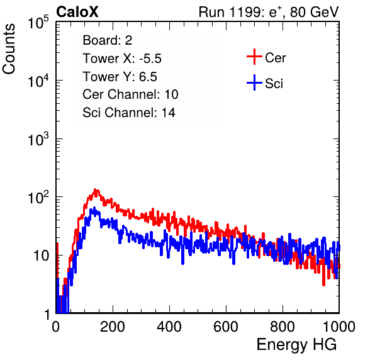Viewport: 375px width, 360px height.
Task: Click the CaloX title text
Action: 77,12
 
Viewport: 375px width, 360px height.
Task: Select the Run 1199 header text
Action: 269,12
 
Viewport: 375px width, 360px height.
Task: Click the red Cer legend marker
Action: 254,57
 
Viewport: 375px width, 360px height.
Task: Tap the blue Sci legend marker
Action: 254,82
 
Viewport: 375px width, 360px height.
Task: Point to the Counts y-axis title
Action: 9,49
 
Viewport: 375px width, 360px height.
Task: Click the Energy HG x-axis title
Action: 297,345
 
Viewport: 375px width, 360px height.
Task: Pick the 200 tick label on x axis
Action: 113,327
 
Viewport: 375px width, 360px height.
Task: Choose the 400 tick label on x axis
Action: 169,327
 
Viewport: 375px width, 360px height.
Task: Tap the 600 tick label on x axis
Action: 226,327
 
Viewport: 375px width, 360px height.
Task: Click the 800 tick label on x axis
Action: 283,327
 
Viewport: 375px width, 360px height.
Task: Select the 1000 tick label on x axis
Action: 339,327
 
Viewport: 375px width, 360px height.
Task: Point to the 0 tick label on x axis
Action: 56,327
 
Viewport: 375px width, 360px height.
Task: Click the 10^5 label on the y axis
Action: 38,22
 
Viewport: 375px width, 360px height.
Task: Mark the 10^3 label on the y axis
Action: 38,138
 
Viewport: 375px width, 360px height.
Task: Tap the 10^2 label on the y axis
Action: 38,197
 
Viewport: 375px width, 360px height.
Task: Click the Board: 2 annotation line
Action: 108,40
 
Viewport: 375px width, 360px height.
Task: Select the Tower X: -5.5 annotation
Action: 122,59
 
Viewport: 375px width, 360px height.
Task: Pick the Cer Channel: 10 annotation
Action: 130,94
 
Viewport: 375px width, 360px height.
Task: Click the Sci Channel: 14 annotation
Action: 129,113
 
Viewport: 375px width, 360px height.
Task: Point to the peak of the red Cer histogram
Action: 96,189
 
